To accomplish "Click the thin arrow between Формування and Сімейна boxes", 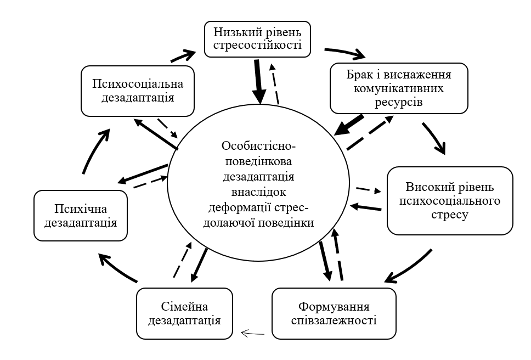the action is coord(252,334).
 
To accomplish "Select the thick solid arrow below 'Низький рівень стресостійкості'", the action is coord(259,81).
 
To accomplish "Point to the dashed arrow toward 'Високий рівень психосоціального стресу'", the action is coord(369,190).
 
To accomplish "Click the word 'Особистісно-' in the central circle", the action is coord(259,145).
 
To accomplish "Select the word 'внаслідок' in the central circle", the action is coord(259,192).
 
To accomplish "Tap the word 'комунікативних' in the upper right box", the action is coord(399,88).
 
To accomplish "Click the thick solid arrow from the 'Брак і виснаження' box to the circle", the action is coord(348,125).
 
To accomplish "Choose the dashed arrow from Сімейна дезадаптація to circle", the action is coord(183,260).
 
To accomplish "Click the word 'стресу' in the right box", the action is coord(450,215).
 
